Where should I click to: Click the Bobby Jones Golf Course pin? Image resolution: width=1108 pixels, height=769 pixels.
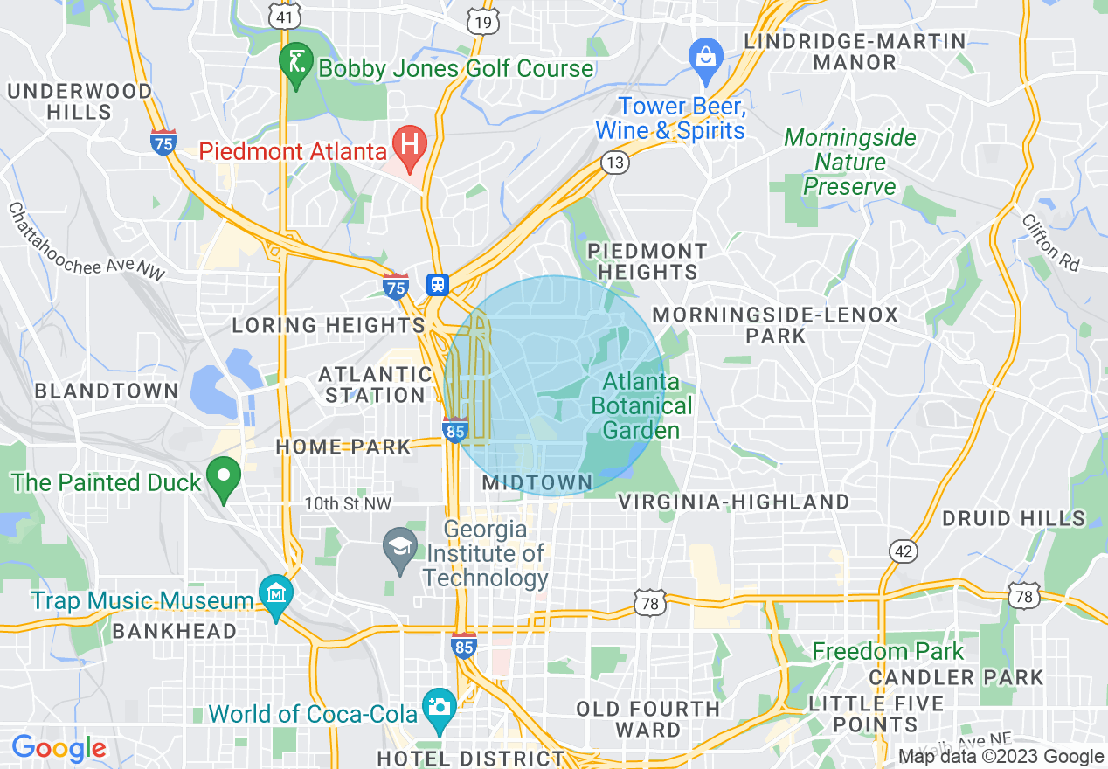(x=295, y=63)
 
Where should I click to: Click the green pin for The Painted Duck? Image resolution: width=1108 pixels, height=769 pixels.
(x=224, y=477)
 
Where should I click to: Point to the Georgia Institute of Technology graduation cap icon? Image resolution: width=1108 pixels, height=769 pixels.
(x=401, y=548)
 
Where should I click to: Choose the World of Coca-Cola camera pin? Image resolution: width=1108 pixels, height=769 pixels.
(x=438, y=704)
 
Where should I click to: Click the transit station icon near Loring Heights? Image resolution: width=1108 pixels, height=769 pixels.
(x=437, y=284)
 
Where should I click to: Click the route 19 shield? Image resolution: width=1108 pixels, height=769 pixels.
(x=482, y=23)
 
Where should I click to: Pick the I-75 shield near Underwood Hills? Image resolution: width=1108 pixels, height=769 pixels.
(x=163, y=142)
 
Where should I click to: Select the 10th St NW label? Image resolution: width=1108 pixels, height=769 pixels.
(x=348, y=503)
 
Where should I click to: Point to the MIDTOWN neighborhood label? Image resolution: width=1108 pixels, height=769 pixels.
(x=537, y=482)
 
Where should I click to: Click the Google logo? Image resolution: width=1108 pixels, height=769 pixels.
(x=59, y=748)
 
